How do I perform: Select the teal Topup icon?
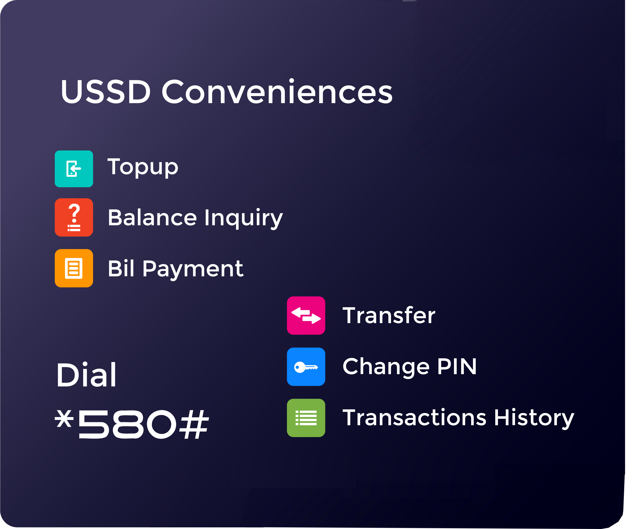pyautogui.click(x=74, y=169)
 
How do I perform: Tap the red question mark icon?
pyautogui.click(x=74, y=217)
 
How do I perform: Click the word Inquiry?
pyautogui.click(x=244, y=219)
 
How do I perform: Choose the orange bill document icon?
pyautogui.click(x=74, y=268)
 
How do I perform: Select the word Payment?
pyautogui.click(x=193, y=270)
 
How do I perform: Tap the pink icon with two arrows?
pyautogui.click(x=306, y=315)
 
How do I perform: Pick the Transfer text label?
pyautogui.click(x=389, y=315)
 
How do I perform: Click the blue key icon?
pyautogui.click(x=306, y=366)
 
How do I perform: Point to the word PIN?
pyautogui.click(x=457, y=366)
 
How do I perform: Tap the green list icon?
pyautogui.click(x=306, y=418)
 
